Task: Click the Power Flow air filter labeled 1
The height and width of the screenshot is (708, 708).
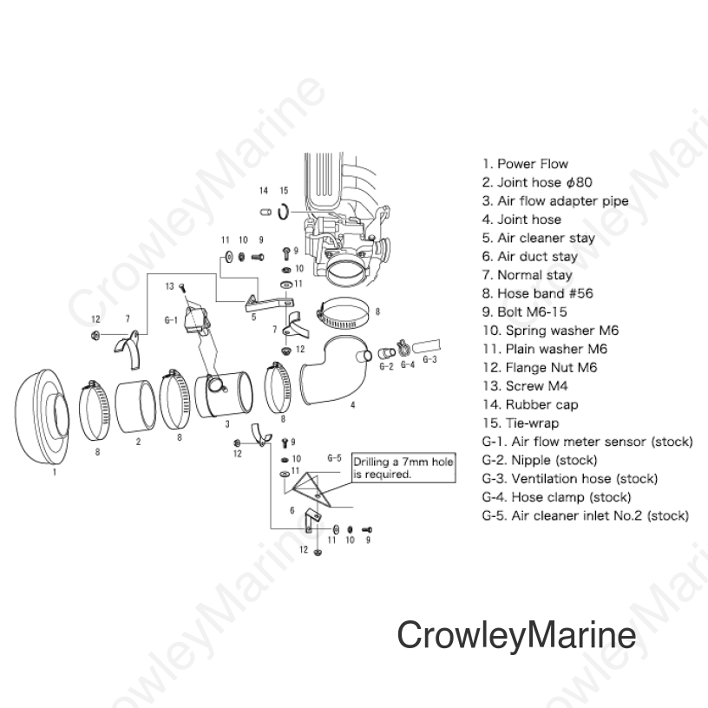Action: [43, 416]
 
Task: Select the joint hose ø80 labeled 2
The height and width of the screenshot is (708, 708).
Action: [135, 406]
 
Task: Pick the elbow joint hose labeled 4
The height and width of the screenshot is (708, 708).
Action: [333, 370]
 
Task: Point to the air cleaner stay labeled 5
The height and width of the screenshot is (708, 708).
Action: [270, 304]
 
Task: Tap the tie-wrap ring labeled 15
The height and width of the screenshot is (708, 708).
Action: [283, 212]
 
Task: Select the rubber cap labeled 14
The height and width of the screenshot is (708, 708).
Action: [265, 212]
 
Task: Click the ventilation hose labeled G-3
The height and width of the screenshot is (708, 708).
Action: [427, 346]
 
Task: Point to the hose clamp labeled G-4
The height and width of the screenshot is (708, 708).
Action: [404, 348]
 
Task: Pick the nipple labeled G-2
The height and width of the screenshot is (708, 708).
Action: [386, 352]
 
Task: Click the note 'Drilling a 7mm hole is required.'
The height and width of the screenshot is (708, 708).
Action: [403, 468]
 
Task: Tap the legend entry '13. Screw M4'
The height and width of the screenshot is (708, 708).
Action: [525, 386]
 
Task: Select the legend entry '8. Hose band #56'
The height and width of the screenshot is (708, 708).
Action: [537, 293]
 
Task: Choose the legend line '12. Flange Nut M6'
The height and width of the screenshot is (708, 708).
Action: [540, 368]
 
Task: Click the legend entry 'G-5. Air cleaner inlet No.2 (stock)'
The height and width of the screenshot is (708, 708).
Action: [585, 515]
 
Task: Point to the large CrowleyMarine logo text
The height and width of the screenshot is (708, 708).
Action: [516, 634]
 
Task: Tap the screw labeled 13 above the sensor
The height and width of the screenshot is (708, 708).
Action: [182, 285]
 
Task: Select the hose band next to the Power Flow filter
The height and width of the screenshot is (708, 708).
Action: [95, 411]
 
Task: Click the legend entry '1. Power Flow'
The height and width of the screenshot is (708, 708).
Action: [525, 164]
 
